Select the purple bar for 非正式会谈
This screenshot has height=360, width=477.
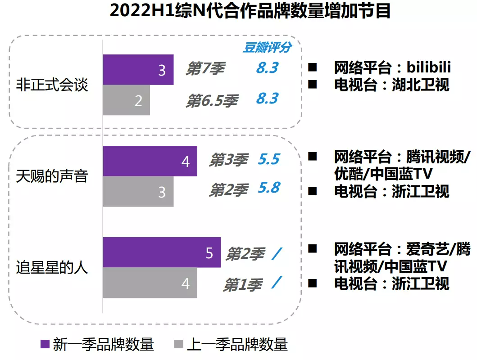(138, 70)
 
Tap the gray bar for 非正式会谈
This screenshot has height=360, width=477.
(126, 100)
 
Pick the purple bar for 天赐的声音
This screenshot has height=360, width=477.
(150, 161)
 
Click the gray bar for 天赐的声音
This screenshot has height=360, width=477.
(138, 192)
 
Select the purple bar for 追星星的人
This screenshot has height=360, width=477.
(161, 252)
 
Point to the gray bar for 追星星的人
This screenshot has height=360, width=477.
(150, 283)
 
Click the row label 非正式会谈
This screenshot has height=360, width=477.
(52, 85)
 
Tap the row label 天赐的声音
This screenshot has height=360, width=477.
(52, 176)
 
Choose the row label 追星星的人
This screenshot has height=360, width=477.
(52, 268)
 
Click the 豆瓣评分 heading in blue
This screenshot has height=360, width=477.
(267, 47)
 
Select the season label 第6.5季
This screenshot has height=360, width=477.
(212, 100)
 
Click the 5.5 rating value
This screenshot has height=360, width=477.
(268, 159)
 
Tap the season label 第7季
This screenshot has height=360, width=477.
(205, 69)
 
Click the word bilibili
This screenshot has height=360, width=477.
(429, 67)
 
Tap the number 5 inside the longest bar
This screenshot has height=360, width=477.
(209, 253)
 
